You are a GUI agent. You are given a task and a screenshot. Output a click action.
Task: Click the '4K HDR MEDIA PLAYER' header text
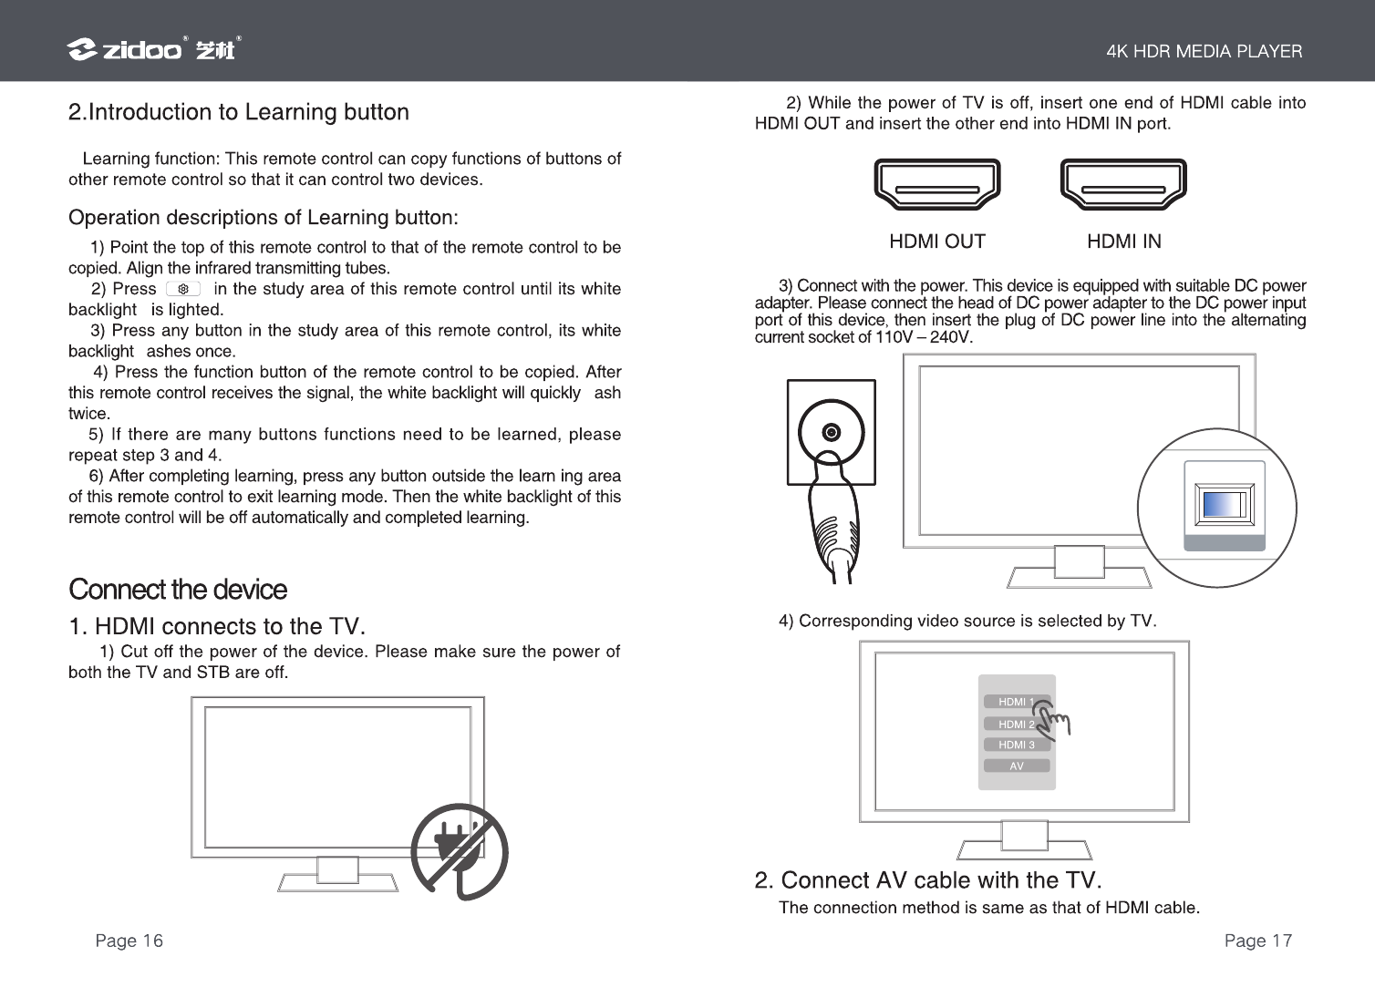[1204, 52]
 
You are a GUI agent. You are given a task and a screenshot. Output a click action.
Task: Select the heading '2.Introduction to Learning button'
[239, 113]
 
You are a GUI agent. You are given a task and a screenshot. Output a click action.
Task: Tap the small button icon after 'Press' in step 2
[183, 289]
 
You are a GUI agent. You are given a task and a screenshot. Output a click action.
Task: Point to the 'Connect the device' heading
[178, 590]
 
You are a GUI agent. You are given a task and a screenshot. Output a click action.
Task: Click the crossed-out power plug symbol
[459, 851]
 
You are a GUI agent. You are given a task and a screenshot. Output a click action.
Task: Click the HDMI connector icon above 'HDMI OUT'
[937, 185]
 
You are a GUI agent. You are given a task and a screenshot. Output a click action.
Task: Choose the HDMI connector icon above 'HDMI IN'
[1123, 185]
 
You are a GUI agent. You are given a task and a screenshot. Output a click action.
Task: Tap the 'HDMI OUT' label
[937, 242]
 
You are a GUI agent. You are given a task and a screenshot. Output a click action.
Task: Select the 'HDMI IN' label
[1124, 242]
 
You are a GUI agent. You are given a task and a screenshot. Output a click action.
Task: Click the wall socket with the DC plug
[831, 432]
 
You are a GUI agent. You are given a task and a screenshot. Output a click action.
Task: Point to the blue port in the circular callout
[1225, 505]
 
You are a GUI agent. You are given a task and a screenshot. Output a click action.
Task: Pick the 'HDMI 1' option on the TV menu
[1016, 702]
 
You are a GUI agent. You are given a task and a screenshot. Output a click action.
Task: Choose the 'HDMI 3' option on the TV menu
[1016, 745]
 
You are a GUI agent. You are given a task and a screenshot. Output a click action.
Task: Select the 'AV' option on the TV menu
[1016, 766]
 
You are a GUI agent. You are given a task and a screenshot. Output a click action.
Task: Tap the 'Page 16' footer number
[129, 941]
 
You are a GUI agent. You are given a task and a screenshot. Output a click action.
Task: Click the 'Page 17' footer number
[1257, 941]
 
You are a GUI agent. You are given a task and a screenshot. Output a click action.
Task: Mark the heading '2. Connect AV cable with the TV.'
[928, 880]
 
